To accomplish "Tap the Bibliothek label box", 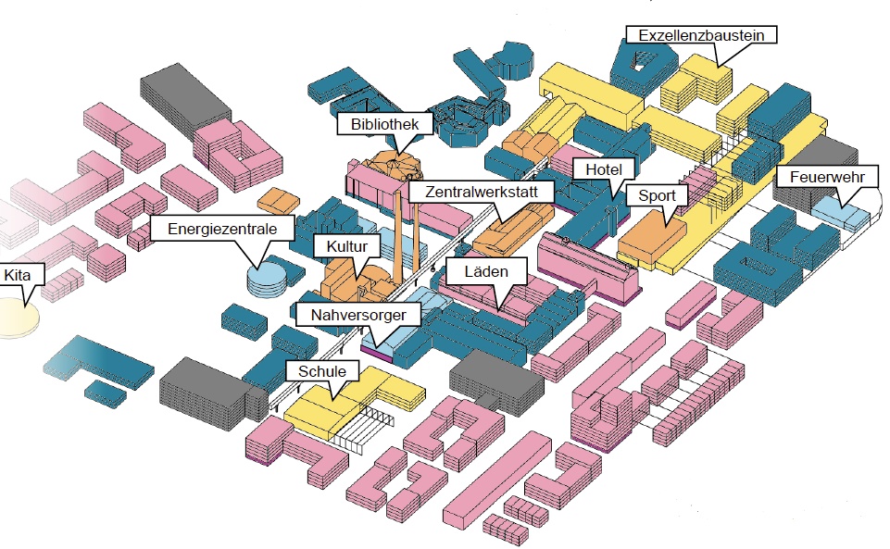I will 385,124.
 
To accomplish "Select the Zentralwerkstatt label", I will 482,192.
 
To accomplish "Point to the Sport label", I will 658,196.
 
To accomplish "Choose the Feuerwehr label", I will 821,177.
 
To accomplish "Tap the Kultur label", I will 347,246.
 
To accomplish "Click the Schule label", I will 321,371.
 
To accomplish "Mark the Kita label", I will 18,275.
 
